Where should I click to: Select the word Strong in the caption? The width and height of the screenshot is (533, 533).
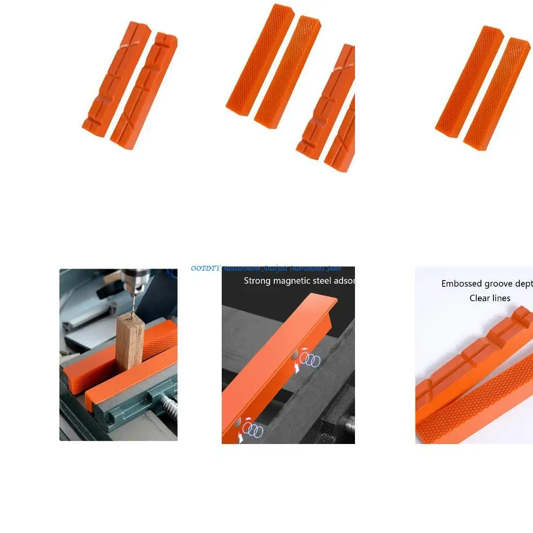(x=257, y=281)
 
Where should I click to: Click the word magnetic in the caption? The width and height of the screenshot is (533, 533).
(x=291, y=281)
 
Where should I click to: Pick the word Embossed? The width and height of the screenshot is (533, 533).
(x=462, y=284)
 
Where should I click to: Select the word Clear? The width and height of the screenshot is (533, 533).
(x=479, y=298)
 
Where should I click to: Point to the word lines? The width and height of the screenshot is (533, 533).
(x=500, y=298)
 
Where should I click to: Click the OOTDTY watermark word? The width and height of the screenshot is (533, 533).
(x=206, y=269)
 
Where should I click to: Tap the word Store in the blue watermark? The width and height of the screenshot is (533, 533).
(x=332, y=269)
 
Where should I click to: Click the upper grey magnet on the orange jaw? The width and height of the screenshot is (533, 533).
(x=295, y=354)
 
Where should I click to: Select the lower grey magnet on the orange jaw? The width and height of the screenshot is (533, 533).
(x=238, y=423)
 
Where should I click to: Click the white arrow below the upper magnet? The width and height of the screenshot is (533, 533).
(x=297, y=369)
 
